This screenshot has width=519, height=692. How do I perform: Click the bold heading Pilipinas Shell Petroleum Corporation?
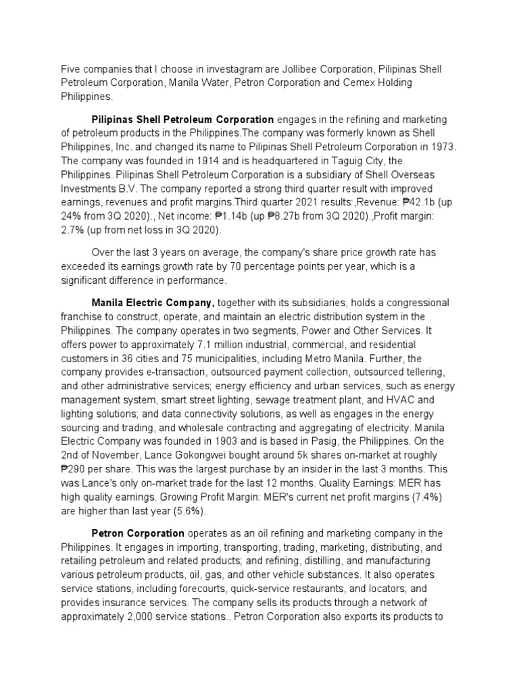click(x=182, y=120)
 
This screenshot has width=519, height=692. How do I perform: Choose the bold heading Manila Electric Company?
click(x=153, y=303)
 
